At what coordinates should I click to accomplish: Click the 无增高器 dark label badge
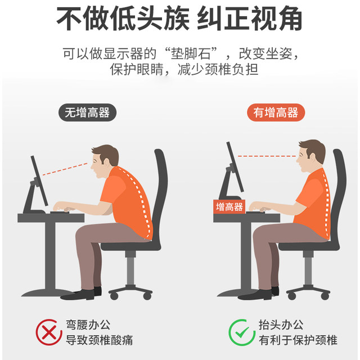point(87,112)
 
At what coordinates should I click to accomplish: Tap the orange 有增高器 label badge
point(276,112)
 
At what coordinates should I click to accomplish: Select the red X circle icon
point(49,332)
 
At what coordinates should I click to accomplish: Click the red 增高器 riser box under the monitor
point(229,206)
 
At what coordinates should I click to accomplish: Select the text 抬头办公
point(281,325)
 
